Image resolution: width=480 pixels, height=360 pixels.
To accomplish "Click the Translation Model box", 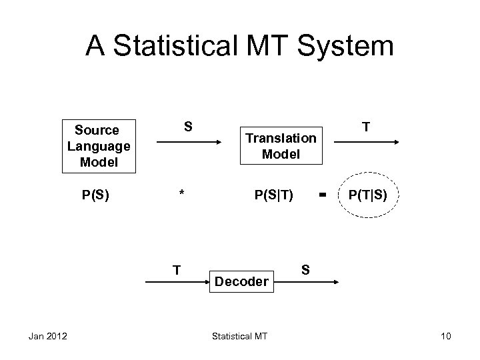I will (x=281, y=146).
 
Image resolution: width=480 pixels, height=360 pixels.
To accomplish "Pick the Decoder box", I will (x=242, y=281).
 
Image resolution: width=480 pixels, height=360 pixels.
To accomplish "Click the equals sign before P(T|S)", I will (x=323, y=195).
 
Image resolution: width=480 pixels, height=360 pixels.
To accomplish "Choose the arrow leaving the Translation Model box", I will (x=366, y=142).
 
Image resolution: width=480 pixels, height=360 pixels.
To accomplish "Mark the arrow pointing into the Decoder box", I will (x=175, y=283).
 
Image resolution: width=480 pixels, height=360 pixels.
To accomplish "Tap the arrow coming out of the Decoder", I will (x=307, y=283).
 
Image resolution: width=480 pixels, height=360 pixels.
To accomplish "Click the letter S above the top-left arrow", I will (x=189, y=126).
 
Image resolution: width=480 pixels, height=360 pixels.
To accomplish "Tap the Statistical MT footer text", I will (x=239, y=335).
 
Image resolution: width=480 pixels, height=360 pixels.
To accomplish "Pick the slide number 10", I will (x=445, y=335).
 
